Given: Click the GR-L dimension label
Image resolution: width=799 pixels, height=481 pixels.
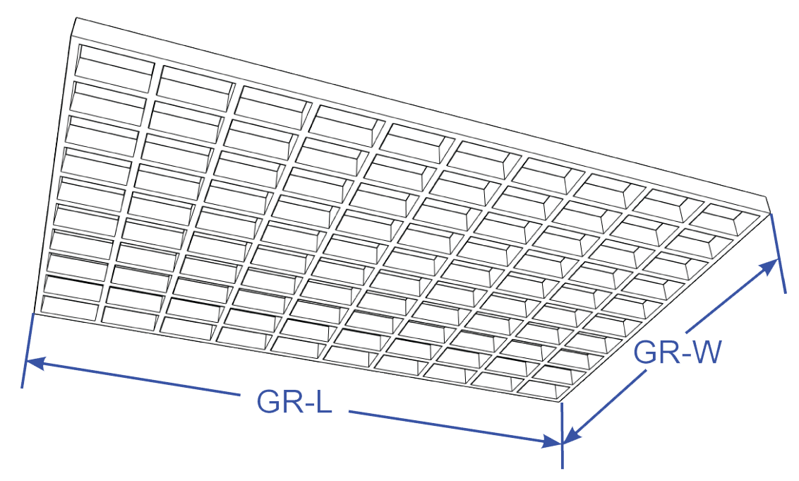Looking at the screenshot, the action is [x=294, y=401].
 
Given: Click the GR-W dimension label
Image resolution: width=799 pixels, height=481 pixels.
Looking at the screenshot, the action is [x=676, y=352].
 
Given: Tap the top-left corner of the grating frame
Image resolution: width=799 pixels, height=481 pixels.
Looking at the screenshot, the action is [x=75, y=19].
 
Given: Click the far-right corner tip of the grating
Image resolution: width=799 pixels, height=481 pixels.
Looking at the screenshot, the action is [x=768, y=198].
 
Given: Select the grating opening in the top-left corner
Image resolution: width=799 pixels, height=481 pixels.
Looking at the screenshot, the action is [x=115, y=64].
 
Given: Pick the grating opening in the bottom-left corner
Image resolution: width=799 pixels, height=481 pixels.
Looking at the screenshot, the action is [x=71, y=307].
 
